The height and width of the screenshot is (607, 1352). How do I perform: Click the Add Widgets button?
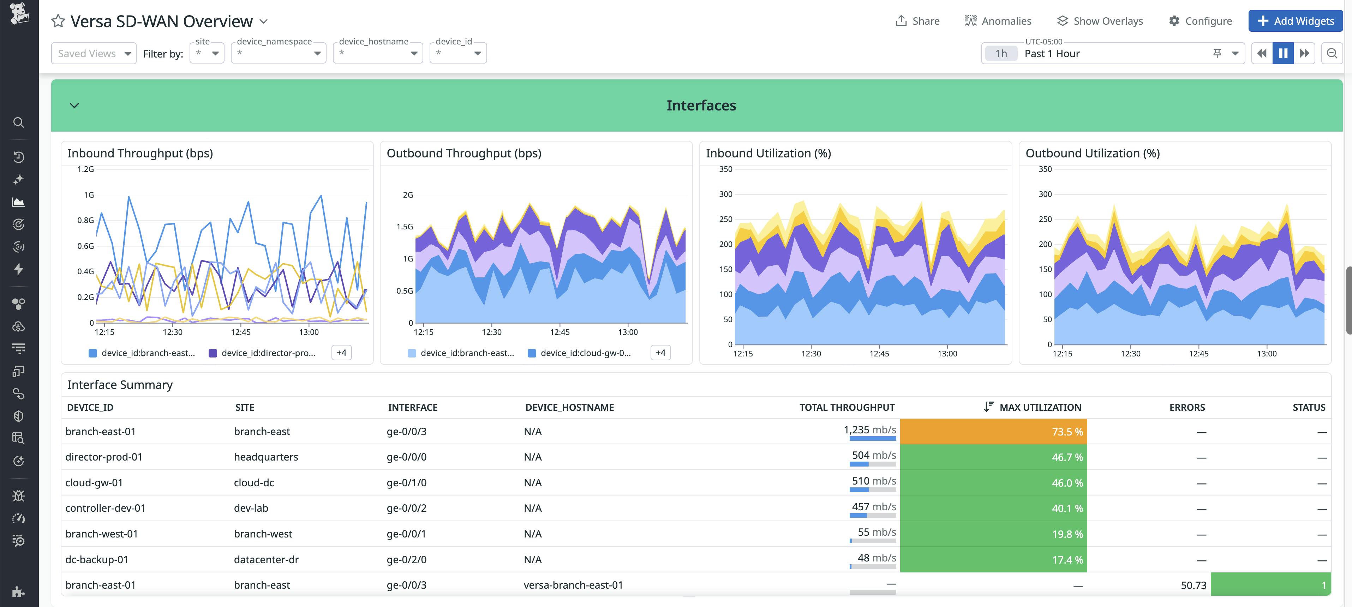click(1295, 21)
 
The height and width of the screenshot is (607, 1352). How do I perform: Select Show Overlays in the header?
click(1100, 21)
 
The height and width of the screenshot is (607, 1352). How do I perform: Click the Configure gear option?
click(1200, 21)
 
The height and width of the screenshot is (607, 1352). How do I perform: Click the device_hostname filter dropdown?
click(377, 54)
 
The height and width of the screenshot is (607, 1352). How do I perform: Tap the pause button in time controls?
click(1283, 54)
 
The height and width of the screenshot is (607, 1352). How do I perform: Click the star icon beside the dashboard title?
click(58, 22)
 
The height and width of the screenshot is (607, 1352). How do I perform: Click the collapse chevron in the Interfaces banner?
click(74, 106)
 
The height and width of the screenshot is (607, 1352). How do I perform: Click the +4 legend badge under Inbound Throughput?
click(341, 353)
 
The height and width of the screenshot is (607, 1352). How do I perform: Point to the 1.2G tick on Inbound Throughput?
click(85, 169)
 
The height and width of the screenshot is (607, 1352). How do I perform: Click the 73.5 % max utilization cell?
click(993, 432)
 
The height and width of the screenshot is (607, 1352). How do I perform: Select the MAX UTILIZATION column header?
click(1040, 407)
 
